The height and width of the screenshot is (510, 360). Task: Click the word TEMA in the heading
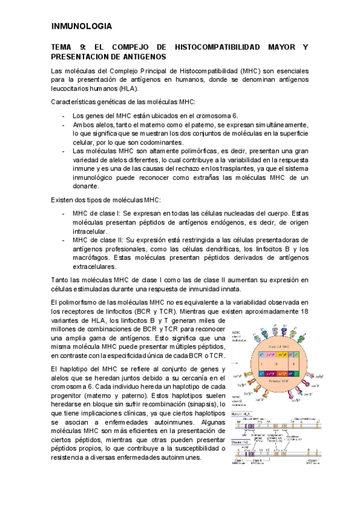pyautogui.click(x=61, y=47)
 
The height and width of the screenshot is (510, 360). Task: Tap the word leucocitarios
pyautogui.click(x=73, y=87)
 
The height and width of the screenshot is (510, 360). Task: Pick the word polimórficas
pyautogui.click(x=182, y=151)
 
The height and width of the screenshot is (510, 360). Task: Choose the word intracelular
pyautogui.click(x=90, y=231)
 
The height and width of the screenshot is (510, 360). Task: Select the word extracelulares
pyautogui.click(x=98, y=267)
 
